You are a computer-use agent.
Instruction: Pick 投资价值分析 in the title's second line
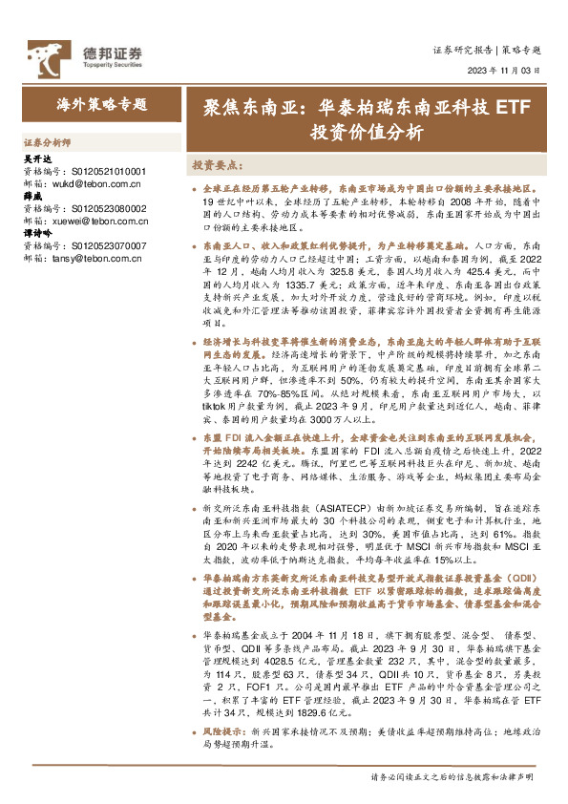366,133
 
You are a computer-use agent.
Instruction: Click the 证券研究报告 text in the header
463,49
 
